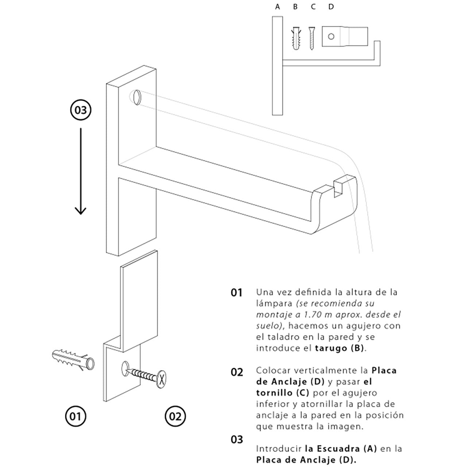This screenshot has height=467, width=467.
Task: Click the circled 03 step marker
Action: coord(80,110)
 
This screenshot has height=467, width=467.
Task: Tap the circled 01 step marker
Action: coord(75,416)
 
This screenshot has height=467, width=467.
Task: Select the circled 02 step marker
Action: coord(175,416)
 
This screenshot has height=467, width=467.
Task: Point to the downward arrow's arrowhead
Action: coord(80,211)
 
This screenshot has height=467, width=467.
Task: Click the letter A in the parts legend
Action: coord(277,7)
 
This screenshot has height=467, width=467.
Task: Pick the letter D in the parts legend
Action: coord(331,7)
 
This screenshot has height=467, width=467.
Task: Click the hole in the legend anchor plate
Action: coord(331,36)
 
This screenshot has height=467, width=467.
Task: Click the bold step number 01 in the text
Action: coord(236,293)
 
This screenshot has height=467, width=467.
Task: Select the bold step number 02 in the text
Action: coord(236,372)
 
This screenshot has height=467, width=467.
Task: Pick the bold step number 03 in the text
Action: coord(236,439)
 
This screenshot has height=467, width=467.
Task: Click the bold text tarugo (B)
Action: coord(339,348)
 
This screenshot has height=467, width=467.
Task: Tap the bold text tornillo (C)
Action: coord(282,393)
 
